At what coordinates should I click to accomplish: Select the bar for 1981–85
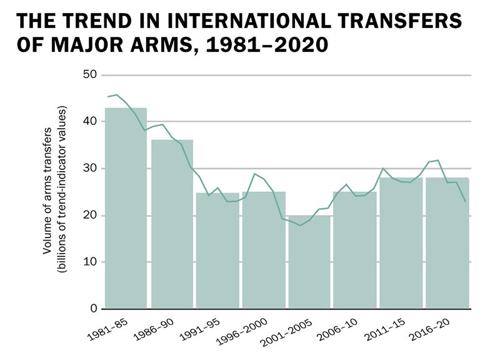126,209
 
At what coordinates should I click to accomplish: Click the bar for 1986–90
172,224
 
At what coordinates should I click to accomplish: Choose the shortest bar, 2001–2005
309,262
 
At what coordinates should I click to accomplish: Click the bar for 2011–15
401,243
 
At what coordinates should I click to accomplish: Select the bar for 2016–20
446,243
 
